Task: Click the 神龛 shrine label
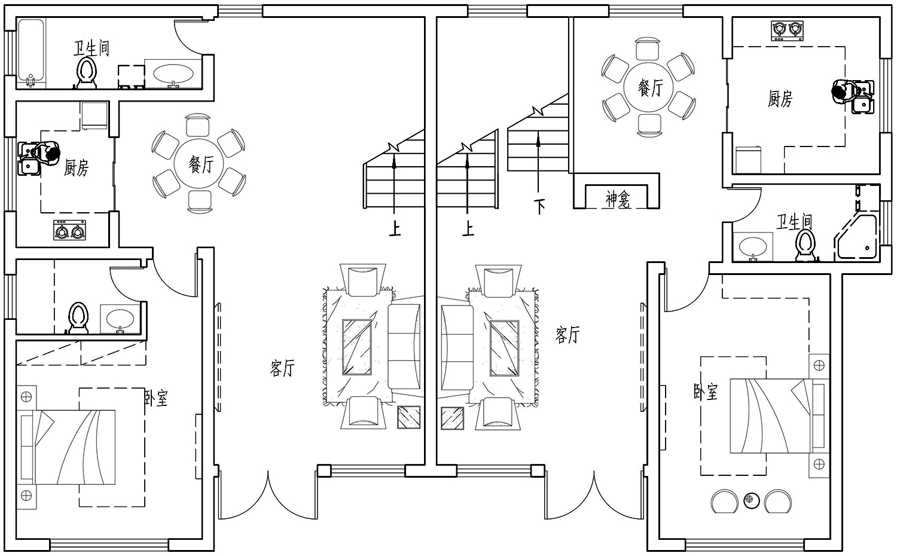[618, 200]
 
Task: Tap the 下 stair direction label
[539, 206]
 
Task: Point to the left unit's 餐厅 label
[202, 164]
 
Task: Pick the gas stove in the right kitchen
[788, 31]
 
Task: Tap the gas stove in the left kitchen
[70, 230]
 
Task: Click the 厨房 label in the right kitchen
[780, 99]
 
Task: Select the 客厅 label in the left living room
[282, 368]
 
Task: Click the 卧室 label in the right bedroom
[706, 392]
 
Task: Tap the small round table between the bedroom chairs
[752, 500]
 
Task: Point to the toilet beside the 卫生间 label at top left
[87, 72]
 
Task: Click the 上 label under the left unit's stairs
[395, 229]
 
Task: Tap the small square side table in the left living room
[409, 417]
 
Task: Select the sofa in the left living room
[404, 347]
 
